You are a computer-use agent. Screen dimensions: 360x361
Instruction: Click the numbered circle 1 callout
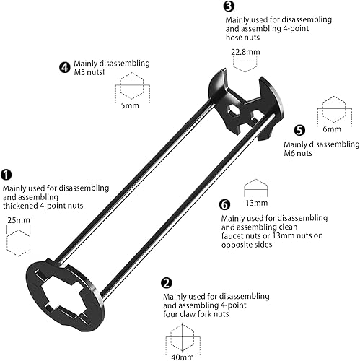(x=6, y=175)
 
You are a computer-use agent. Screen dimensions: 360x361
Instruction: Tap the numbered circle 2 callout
(x=167, y=283)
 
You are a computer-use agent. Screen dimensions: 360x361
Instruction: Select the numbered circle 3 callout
(x=229, y=6)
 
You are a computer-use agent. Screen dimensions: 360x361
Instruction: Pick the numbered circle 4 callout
(x=64, y=67)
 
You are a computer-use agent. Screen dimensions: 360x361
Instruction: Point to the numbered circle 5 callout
(x=299, y=130)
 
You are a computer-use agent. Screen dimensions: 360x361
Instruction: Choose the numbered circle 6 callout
(x=224, y=205)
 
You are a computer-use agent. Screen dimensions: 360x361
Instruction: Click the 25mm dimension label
(x=19, y=220)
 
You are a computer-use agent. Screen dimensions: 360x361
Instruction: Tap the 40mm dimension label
(x=183, y=357)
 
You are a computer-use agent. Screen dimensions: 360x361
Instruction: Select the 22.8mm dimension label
(x=245, y=52)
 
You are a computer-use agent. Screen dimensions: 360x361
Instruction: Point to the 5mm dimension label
(x=130, y=105)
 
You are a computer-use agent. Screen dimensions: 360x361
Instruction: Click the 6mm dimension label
(x=332, y=129)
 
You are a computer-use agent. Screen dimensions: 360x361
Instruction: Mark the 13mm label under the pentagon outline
(x=256, y=203)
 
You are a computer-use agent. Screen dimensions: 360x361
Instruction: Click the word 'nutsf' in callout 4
(x=96, y=72)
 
